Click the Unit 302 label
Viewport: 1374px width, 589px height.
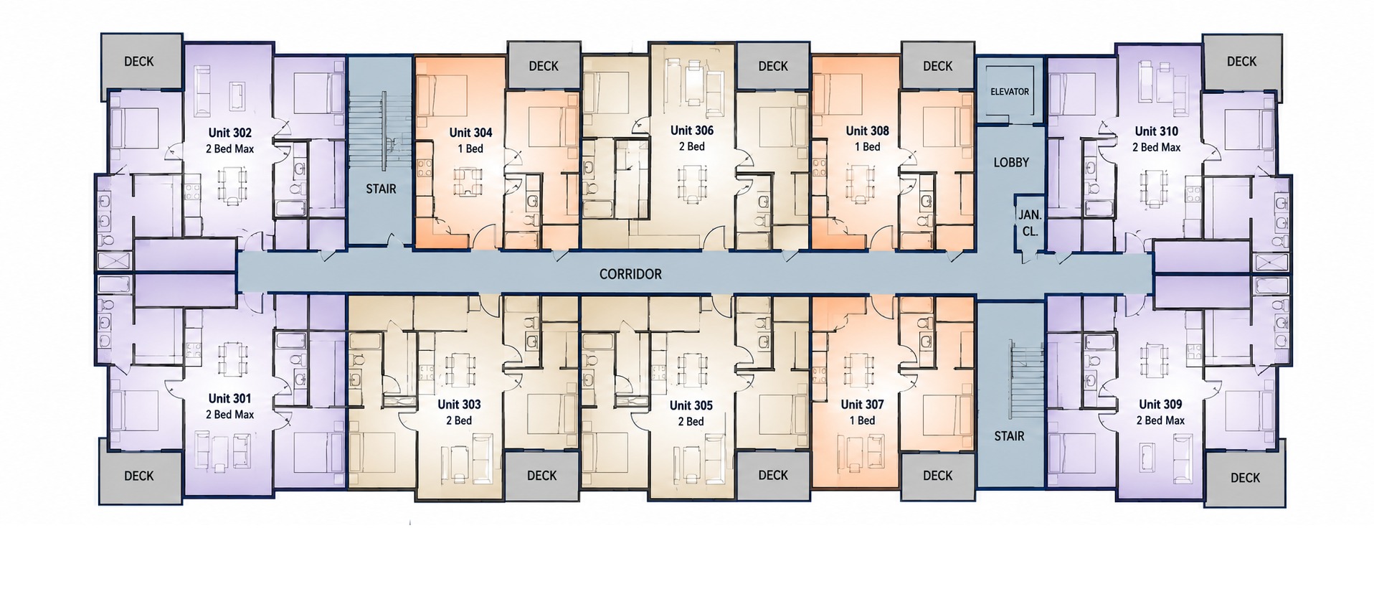pyautogui.click(x=229, y=133)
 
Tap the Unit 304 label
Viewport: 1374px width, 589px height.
pyautogui.click(x=470, y=133)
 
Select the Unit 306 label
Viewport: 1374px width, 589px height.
pyautogui.click(x=691, y=131)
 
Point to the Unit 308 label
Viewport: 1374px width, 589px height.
pyautogui.click(x=867, y=131)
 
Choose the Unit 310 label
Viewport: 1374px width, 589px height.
pyautogui.click(x=1156, y=131)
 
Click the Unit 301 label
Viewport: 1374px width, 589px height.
pyautogui.click(x=229, y=398)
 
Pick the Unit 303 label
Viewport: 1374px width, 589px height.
pyautogui.click(x=459, y=405)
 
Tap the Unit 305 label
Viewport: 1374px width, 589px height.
pyautogui.click(x=691, y=405)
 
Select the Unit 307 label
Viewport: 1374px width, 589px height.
pyautogui.click(x=862, y=405)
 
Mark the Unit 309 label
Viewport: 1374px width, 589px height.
pyautogui.click(x=1160, y=405)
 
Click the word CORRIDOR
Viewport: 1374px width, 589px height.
pyautogui.click(x=630, y=274)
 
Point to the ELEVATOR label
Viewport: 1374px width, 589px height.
pyautogui.click(x=1010, y=92)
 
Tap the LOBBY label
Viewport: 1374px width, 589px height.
pyautogui.click(x=1011, y=163)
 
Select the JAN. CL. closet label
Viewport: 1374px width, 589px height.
pyautogui.click(x=1030, y=223)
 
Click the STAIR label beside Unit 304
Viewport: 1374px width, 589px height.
pyautogui.click(x=381, y=189)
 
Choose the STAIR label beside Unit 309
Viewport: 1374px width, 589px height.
pyautogui.click(x=1009, y=436)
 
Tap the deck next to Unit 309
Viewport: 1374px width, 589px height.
pyautogui.click(x=1244, y=478)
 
